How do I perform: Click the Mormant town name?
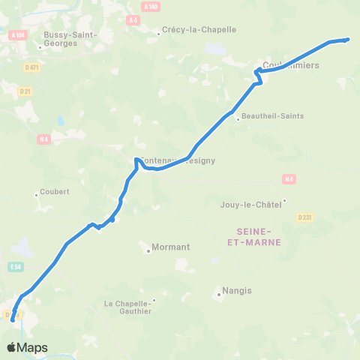[x=171, y=247]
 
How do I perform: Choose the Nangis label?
[x=237, y=290]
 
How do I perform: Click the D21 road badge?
[x=25, y=91]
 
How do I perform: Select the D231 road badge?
[x=304, y=217]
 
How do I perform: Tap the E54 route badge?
[x=16, y=265]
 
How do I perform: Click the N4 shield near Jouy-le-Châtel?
[x=289, y=178]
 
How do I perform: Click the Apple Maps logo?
[x=27, y=347]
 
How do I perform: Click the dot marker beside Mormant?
[x=148, y=251]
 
